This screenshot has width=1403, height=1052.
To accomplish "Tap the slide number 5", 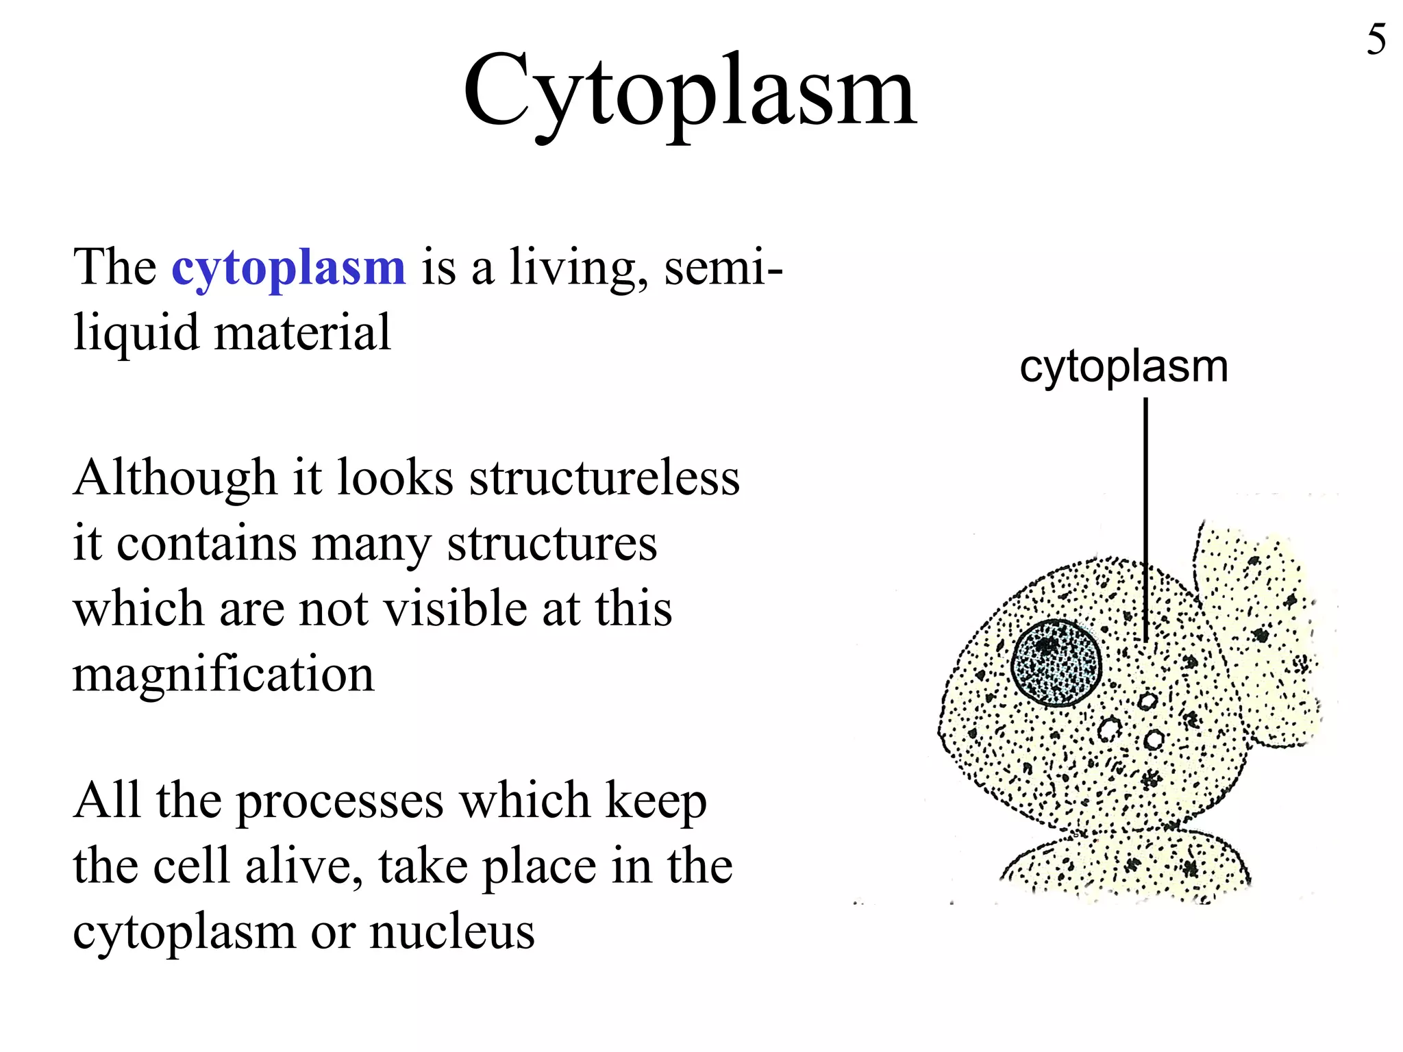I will pyautogui.click(x=1376, y=40).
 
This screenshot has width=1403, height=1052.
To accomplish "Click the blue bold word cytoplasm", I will pyautogui.click(x=288, y=268).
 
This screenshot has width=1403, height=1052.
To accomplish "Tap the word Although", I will pyautogui.click(x=175, y=477).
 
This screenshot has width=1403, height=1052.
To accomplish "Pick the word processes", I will pyautogui.click(x=340, y=802).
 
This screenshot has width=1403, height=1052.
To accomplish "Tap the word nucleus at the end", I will pyautogui.click(x=452, y=932).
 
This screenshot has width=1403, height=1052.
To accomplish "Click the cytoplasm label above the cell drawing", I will pyautogui.click(x=1123, y=368).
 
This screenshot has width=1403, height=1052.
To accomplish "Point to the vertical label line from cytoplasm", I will pyautogui.click(x=1145, y=521).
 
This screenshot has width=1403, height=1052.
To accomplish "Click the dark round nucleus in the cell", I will pyautogui.click(x=1057, y=663).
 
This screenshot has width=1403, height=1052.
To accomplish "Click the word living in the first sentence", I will pyautogui.click(x=578, y=268).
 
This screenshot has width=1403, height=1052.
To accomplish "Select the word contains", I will pyautogui.click(x=206, y=544).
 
